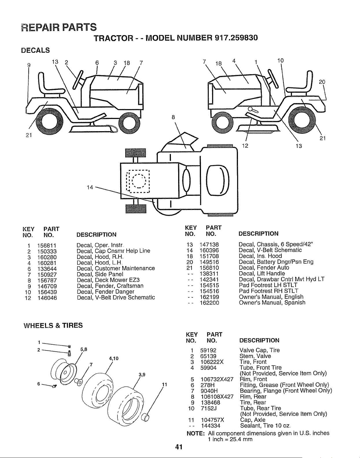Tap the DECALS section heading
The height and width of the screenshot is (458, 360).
(x=36, y=50)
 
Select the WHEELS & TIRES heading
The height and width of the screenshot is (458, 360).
(x=53, y=325)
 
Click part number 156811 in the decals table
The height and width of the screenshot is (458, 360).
(x=47, y=246)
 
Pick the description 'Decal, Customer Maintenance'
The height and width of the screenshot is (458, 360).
(x=116, y=268)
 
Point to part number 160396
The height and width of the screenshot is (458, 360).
(x=209, y=251)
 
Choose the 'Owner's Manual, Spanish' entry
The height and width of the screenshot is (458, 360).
(x=272, y=303)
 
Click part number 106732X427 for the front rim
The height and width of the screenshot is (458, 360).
(x=217, y=379)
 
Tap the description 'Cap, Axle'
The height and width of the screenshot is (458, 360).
(x=253, y=420)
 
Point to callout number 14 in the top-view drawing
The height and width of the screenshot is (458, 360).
(x=90, y=187)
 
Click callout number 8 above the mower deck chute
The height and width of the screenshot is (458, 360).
(x=173, y=117)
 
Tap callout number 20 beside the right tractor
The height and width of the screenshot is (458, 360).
(x=322, y=82)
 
